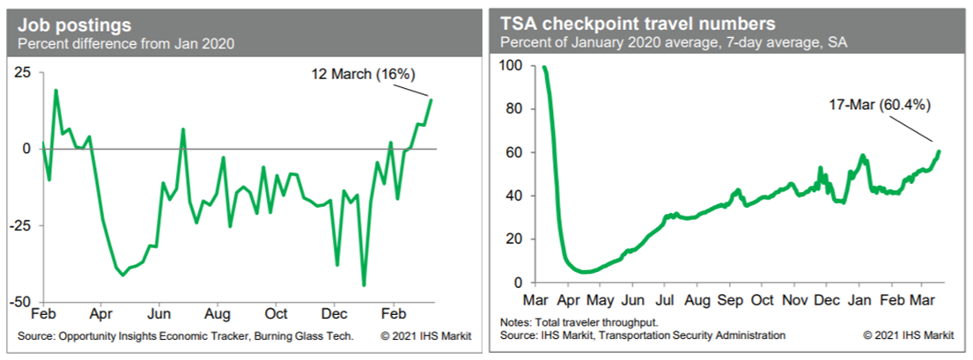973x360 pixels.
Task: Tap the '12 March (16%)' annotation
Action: pyautogui.click(x=363, y=75)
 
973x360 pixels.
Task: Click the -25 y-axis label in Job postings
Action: pyautogui.click(x=20, y=225)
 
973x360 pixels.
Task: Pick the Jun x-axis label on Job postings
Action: pyautogui.click(x=158, y=314)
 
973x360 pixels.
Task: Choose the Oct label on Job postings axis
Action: pyautogui.click(x=276, y=314)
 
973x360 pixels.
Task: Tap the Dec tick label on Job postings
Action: pyautogui.click(x=335, y=314)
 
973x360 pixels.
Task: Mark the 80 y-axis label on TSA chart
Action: pyautogui.click(x=512, y=109)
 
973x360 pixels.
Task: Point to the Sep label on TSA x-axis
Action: pyautogui.click(x=729, y=299)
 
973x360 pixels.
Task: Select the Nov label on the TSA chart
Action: pyautogui.click(x=794, y=299)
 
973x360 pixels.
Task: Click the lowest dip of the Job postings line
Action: pyautogui.click(x=364, y=285)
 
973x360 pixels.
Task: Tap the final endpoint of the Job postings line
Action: pyautogui.click(x=431, y=99)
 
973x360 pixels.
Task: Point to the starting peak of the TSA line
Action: pyautogui.click(x=544, y=67)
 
